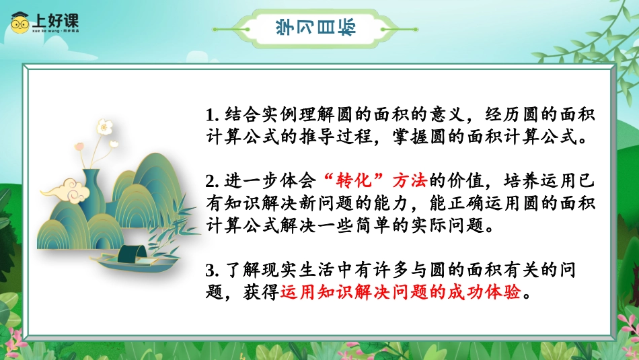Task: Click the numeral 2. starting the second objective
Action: coord(213,182)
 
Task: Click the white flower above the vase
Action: coord(104,127)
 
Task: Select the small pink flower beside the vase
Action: coord(79,146)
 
